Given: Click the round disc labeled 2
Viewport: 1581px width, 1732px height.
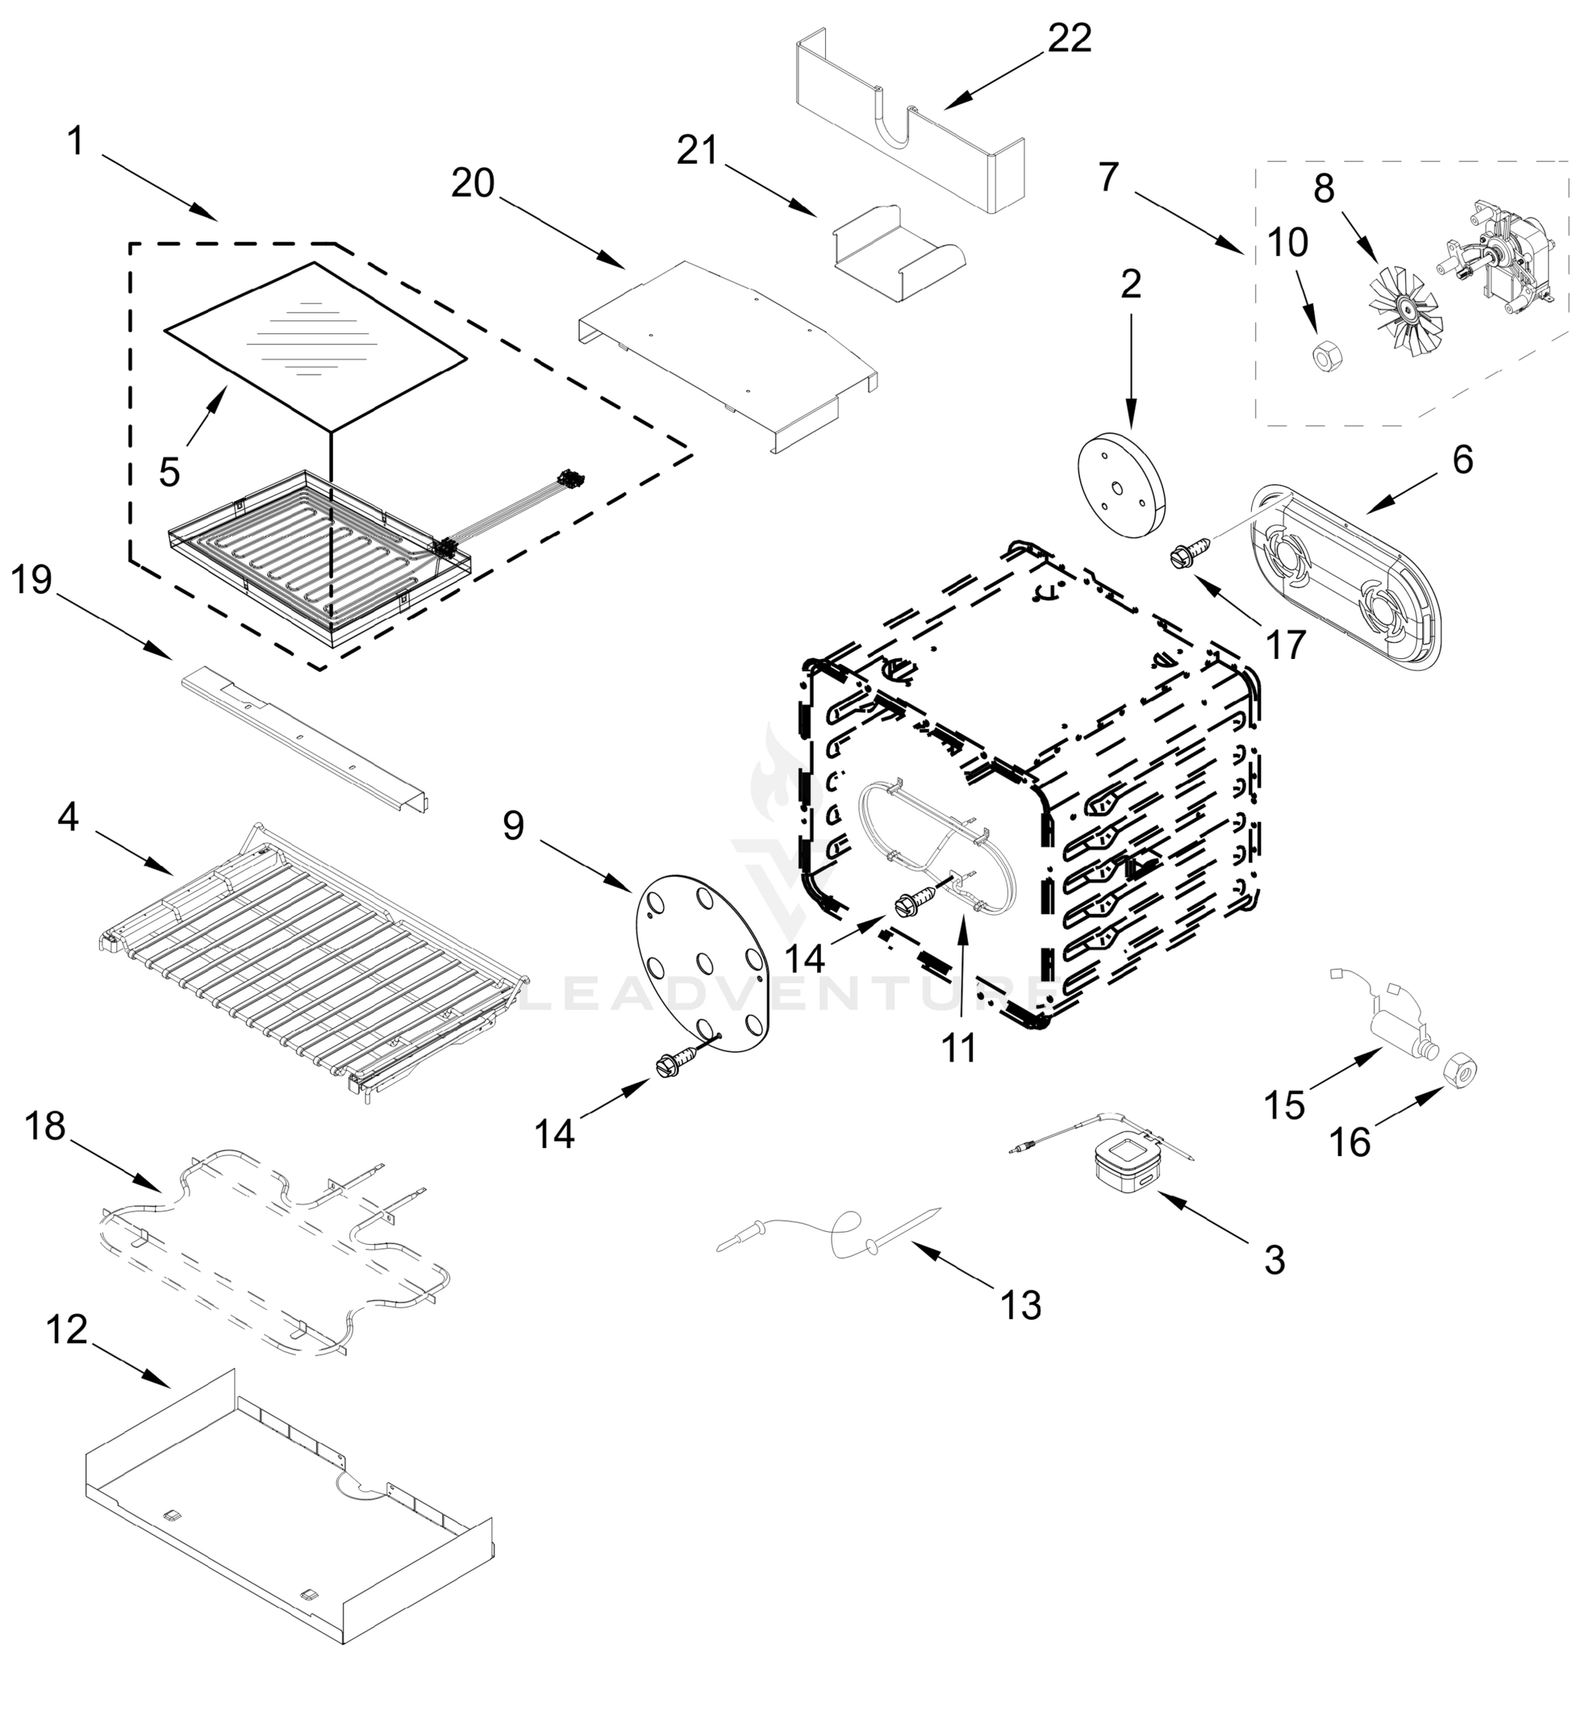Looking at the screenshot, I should pyautogui.click(x=1121, y=486).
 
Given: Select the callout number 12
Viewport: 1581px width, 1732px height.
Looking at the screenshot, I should pyautogui.click(x=67, y=1331).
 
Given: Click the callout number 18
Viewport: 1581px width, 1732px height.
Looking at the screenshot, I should pyautogui.click(x=45, y=1126).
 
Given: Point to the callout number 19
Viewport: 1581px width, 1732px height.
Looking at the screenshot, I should pyautogui.click(x=32, y=580).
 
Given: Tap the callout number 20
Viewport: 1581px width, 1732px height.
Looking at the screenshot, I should pyautogui.click(x=474, y=183).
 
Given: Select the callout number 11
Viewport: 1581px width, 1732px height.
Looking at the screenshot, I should pyautogui.click(x=959, y=1047).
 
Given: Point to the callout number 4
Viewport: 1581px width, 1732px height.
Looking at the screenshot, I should pyautogui.click(x=69, y=816).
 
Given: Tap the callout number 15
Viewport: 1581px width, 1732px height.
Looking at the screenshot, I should pyautogui.click(x=1284, y=1105).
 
